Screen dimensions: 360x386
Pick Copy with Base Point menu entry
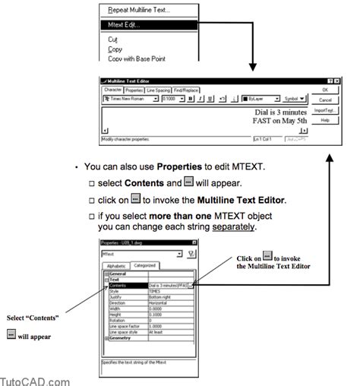tap(137, 57)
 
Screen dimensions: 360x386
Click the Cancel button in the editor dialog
tap(325, 99)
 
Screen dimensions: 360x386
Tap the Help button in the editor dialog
tap(325, 120)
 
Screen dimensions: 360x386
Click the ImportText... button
tap(325, 109)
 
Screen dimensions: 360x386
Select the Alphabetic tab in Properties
tap(117, 265)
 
